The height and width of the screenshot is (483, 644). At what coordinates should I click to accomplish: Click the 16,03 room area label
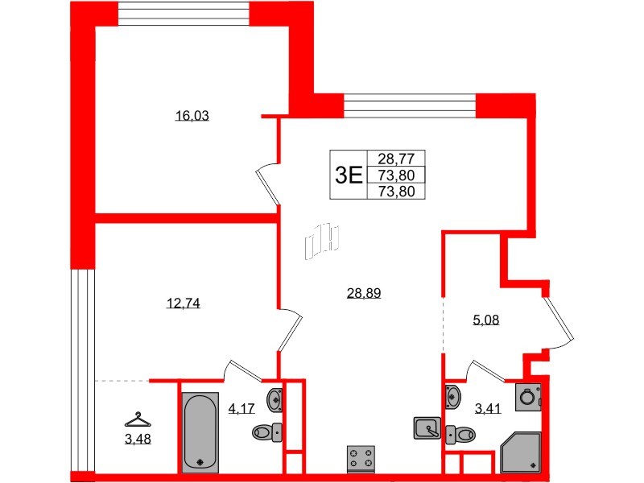click(192, 116)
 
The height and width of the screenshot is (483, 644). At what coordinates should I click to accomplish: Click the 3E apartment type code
click(349, 174)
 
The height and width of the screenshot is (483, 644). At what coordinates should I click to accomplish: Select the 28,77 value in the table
click(395, 159)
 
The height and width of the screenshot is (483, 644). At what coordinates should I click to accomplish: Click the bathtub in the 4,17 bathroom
click(199, 430)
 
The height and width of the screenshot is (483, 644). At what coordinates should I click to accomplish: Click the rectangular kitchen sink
click(427, 428)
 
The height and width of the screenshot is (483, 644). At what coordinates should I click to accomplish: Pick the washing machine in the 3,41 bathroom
click(528, 397)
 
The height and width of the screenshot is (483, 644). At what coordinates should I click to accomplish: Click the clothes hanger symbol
click(138, 419)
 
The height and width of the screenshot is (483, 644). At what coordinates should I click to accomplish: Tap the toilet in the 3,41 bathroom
click(460, 434)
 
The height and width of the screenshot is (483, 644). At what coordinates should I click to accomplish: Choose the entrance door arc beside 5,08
click(559, 322)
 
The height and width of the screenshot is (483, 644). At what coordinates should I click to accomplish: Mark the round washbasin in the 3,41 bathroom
click(452, 395)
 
